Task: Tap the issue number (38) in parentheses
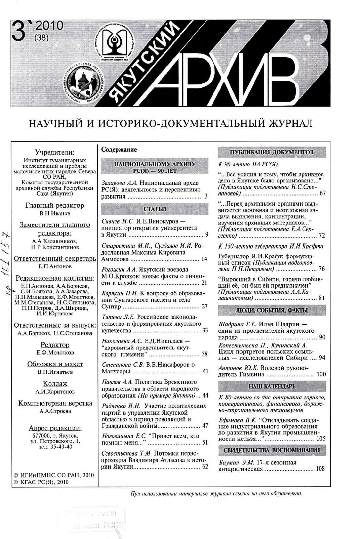point(42,38)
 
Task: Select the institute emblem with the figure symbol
point(113,42)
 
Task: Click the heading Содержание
point(119,150)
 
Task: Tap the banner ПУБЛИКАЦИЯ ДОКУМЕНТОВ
point(272,152)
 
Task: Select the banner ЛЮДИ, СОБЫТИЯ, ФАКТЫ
point(272,310)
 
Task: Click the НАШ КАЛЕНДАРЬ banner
point(272,386)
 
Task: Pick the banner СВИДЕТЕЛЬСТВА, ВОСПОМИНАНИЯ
point(272,450)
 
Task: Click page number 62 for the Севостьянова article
point(205,466)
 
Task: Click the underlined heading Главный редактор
point(55,205)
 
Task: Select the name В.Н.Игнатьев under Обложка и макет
point(55,372)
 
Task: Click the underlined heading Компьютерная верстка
point(55,403)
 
